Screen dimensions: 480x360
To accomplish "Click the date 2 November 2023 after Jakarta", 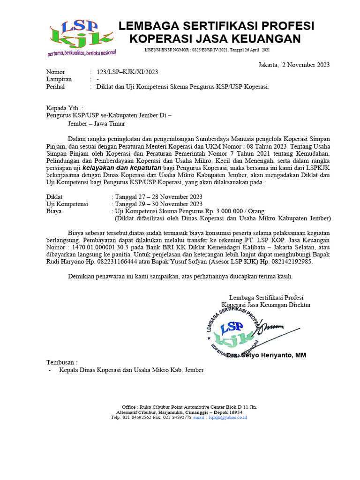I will [305, 65].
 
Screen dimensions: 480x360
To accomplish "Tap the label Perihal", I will [55, 87].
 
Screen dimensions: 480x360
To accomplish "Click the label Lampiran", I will [59, 79].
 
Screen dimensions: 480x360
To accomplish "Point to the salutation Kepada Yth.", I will [65, 108].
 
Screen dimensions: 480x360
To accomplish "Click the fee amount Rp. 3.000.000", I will [224, 211].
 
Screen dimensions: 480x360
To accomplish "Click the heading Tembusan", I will [61, 362].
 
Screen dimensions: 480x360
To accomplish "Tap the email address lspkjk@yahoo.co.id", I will [227, 417].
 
